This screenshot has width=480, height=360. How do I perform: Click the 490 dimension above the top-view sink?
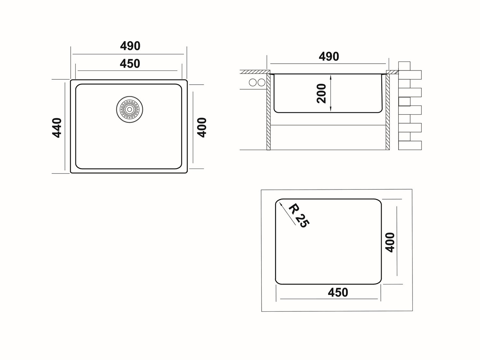tap(130, 46)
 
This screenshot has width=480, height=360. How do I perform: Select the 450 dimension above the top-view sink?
tap(130, 64)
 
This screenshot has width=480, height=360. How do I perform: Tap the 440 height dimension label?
tap(57, 128)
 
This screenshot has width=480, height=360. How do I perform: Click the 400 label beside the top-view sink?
tap(202, 128)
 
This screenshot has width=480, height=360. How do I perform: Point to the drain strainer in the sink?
tap(130, 109)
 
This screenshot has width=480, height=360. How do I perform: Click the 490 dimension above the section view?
tap(329, 57)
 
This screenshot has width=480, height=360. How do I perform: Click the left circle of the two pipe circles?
tap(252, 83)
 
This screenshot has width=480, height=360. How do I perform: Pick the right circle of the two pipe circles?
tap(261, 83)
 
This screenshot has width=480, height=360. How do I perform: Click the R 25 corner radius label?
tap(299, 215)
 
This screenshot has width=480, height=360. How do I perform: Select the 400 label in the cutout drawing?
tap(390, 243)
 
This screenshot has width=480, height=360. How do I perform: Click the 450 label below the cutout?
tap(338, 292)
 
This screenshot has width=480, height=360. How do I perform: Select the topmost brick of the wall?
tap(404, 66)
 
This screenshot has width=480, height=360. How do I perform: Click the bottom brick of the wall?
tap(410, 145)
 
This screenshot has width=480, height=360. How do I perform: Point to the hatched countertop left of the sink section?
tap(255, 72)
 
